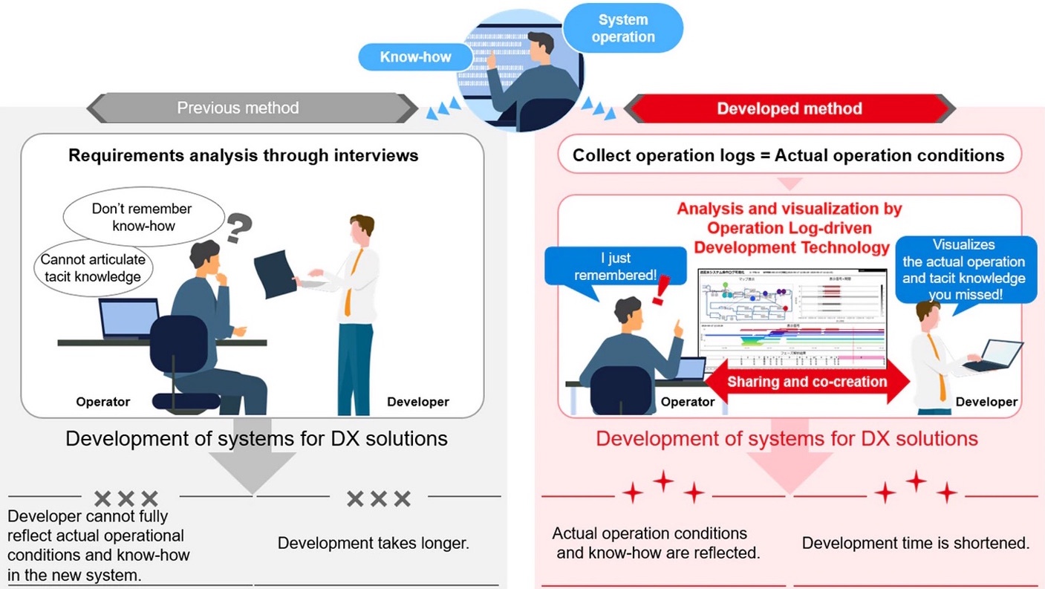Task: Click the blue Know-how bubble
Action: pos(415,57)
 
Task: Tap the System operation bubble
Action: pos(622,28)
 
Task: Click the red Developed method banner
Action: pos(789,109)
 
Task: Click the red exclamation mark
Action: pos(660,288)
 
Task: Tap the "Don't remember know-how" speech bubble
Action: pos(142,216)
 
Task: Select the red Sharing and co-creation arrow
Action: pos(807,382)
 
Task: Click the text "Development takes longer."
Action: pos(374,543)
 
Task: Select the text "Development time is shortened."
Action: pos(915,543)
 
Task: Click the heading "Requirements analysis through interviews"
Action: pos(244,155)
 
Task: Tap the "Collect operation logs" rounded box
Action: pos(789,155)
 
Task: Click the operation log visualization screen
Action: pos(791,316)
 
